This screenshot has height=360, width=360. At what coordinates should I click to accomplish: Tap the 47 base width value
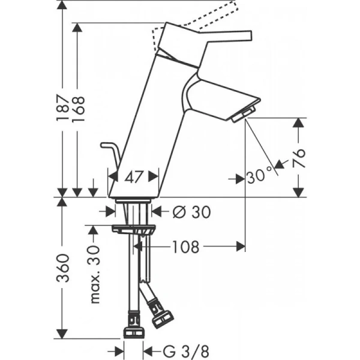point(133,176)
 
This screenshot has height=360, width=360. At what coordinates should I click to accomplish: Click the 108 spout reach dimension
point(185,246)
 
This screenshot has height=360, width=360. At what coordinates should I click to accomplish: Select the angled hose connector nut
point(161,316)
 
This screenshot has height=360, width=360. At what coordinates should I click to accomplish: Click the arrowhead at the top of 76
point(298,122)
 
